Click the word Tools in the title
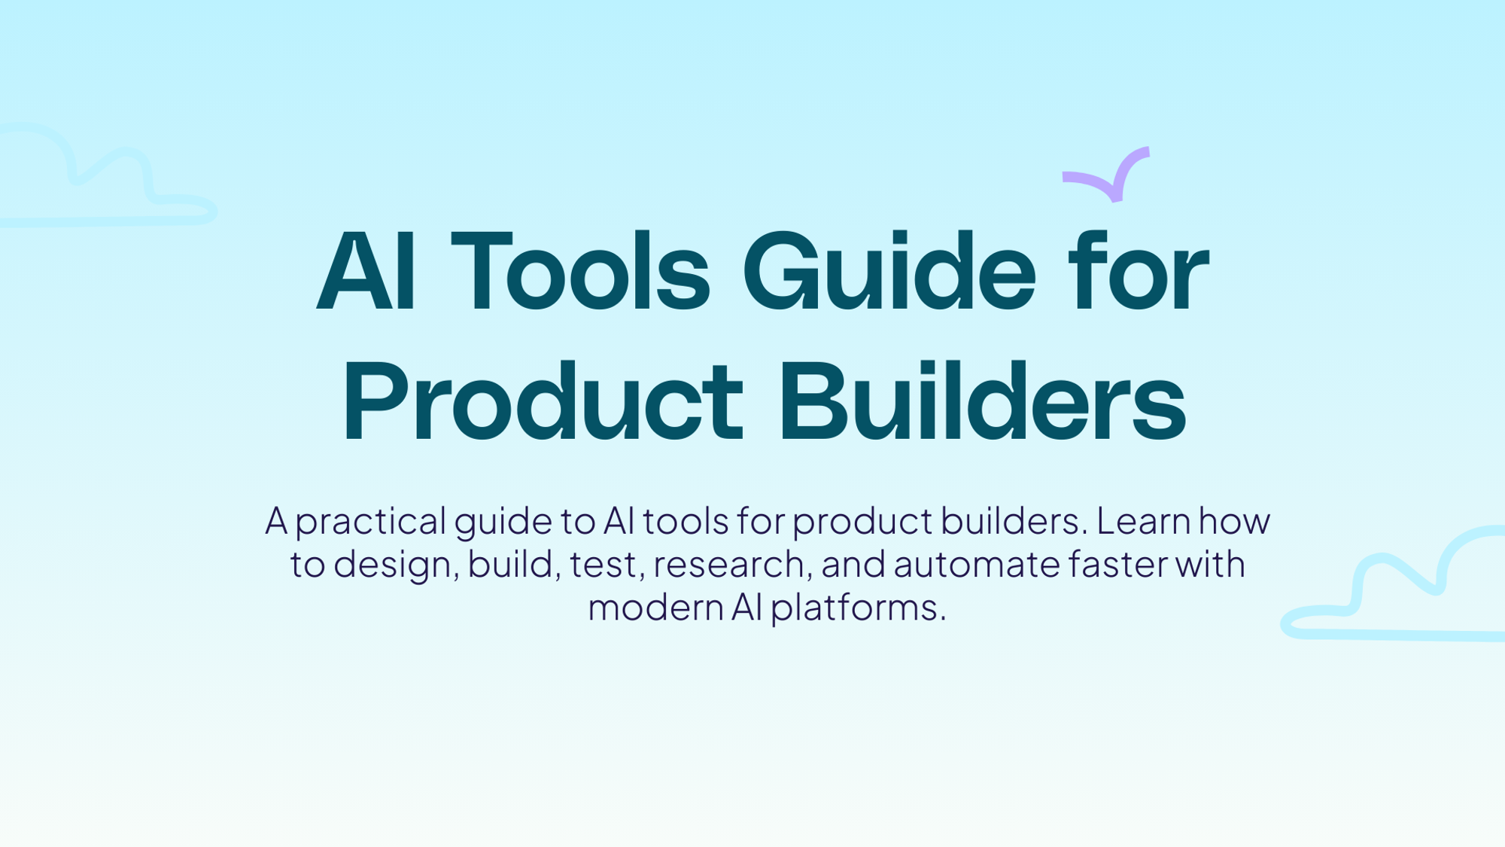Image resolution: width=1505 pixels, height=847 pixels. coord(580,271)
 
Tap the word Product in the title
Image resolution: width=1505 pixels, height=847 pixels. coord(543,401)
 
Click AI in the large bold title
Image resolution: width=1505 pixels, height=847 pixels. coord(366,271)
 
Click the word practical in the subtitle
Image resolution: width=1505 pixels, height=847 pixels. coord(371,522)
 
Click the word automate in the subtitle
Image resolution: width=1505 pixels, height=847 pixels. coord(976,565)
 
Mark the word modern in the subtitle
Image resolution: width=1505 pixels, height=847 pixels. coord(655,607)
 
